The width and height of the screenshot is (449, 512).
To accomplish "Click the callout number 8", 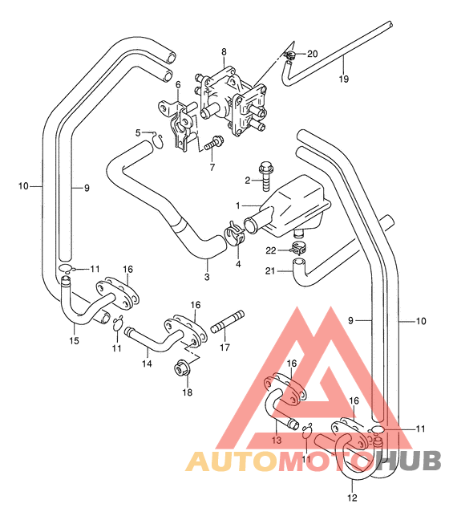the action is click(224, 52).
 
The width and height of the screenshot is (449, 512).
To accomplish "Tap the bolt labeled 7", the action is click(213, 144).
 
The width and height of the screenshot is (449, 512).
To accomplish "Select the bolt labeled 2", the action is click(265, 177).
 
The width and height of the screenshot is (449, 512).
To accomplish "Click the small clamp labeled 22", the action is click(298, 248).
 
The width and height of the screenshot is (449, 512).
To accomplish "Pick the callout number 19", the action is click(344, 79).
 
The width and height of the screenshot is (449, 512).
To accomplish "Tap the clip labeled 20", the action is click(289, 56).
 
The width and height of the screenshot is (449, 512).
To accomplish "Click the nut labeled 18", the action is click(182, 368).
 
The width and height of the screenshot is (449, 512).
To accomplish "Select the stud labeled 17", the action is click(228, 322).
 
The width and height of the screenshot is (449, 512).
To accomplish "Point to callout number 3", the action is click(207, 277).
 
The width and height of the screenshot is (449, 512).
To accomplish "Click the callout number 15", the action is click(74, 340).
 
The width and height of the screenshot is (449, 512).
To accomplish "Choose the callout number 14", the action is click(147, 364).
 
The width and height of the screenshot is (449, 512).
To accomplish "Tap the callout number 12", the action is click(353, 498).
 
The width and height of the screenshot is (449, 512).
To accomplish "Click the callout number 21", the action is click(270, 271).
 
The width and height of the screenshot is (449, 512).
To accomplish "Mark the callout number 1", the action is click(238, 205).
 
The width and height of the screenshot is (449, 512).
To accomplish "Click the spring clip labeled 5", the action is click(158, 140).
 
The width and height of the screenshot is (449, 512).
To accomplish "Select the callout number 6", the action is click(178, 85).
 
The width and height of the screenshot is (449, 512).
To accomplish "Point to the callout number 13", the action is click(277, 440).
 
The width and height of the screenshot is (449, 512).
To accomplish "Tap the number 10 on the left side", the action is click(23, 186).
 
